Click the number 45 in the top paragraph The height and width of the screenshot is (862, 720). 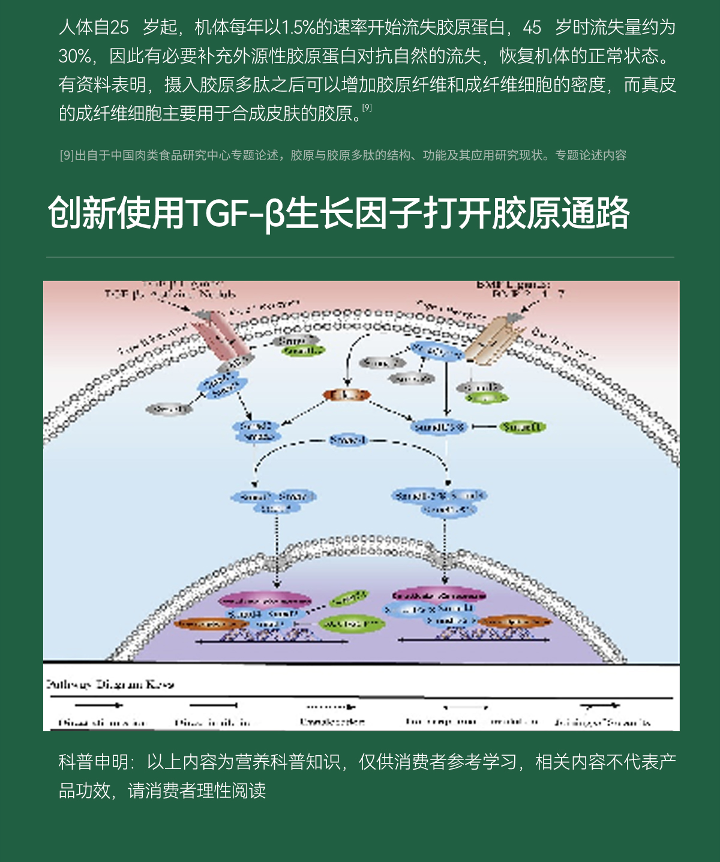[x=532, y=28]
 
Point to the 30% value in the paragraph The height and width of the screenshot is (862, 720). [x=74, y=56]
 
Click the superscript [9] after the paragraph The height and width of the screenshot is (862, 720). [x=367, y=108]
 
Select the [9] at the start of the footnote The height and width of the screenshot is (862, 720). [x=67, y=155]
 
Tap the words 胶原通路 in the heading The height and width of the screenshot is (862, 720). [x=560, y=213]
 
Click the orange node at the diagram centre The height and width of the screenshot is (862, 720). [x=347, y=395]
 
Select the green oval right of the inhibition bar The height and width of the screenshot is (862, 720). [x=522, y=427]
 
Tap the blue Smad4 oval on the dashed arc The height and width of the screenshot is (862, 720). [x=347, y=441]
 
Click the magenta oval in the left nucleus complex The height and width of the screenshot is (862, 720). [x=265, y=600]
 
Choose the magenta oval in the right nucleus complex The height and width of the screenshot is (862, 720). [x=439, y=596]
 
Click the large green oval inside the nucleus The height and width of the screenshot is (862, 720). [x=351, y=624]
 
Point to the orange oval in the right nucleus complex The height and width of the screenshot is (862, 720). [x=514, y=621]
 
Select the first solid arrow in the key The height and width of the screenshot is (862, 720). [x=99, y=705]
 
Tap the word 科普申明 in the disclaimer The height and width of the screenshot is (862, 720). [x=94, y=762]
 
